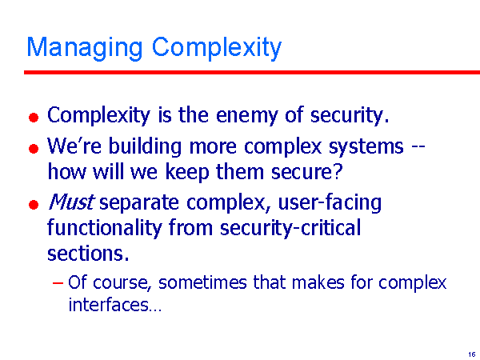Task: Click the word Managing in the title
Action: (x=85, y=48)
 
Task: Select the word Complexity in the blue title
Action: (x=217, y=48)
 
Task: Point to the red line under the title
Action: (x=252, y=72)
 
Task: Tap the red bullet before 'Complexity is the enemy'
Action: (x=34, y=118)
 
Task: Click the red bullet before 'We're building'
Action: (x=34, y=149)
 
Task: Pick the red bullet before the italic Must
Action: (x=34, y=205)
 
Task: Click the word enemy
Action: (x=246, y=116)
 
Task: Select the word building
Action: (x=145, y=146)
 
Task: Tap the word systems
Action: (x=366, y=147)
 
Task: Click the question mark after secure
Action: (x=337, y=171)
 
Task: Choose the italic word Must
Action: (x=71, y=202)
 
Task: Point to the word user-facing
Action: (x=330, y=202)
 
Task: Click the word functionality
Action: (x=104, y=228)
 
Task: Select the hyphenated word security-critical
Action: (x=290, y=228)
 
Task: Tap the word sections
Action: (x=88, y=253)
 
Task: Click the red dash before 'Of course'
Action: (x=58, y=282)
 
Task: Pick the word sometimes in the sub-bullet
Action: (x=202, y=282)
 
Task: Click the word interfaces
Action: (x=114, y=304)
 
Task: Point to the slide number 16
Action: (x=472, y=354)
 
